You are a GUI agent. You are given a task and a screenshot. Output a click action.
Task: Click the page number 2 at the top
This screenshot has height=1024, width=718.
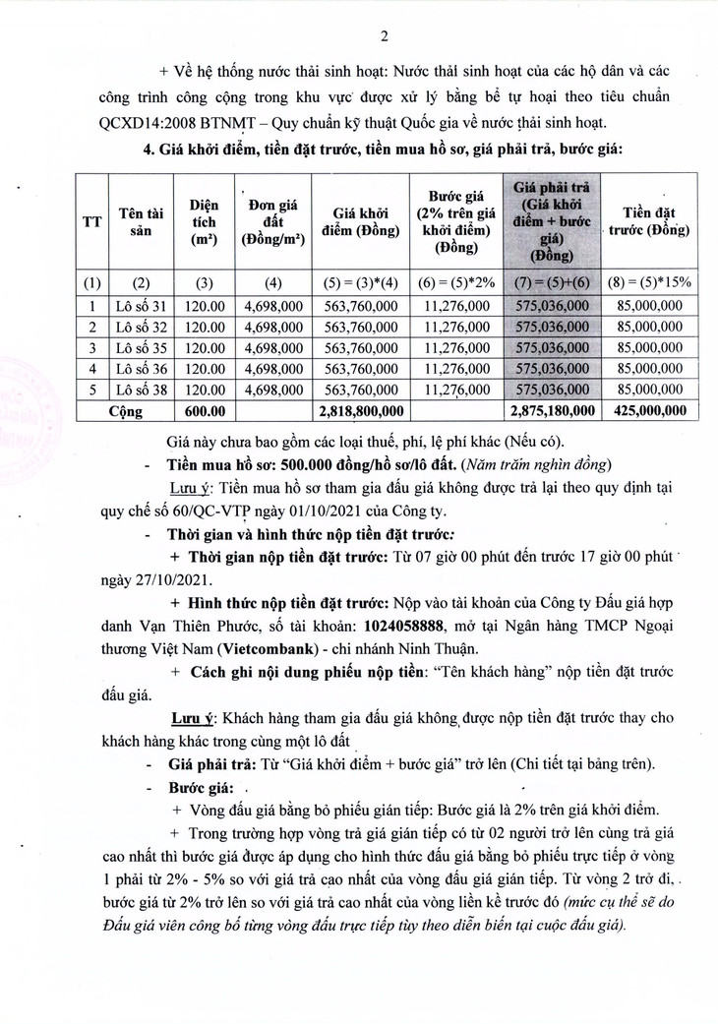click(x=386, y=36)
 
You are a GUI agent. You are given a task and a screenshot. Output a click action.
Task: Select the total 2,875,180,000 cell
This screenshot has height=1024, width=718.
click(x=551, y=410)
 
